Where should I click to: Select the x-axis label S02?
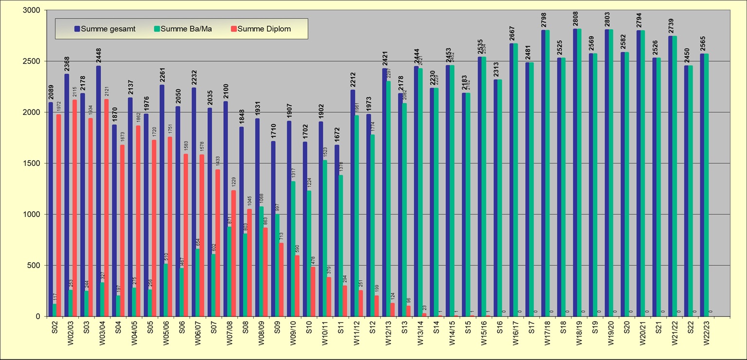tap(54, 327)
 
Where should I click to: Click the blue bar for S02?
tap(51, 209)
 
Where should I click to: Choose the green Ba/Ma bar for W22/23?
tap(706, 185)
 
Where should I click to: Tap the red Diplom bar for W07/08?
tap(233, 253)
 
